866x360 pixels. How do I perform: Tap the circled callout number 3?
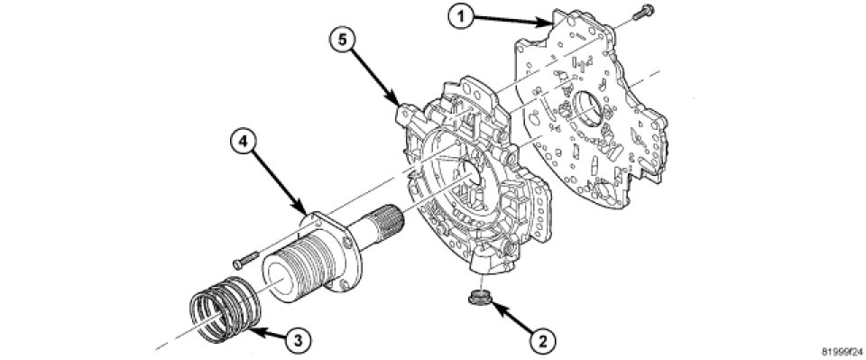pos(298,339)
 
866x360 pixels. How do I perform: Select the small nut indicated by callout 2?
pos(475,298)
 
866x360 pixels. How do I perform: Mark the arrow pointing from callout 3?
pos(269,333)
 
